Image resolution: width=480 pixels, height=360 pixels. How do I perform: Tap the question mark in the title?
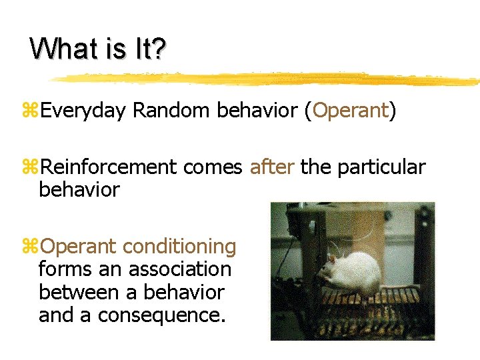(159, 49)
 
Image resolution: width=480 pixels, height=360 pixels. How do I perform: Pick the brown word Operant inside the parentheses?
(350, 111)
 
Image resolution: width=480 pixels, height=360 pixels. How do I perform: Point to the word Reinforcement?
(109, 167)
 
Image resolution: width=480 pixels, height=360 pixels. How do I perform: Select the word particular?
(381, 167)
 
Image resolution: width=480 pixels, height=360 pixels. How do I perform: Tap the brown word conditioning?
(179, 247)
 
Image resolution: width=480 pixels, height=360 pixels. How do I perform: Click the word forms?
(65, 269)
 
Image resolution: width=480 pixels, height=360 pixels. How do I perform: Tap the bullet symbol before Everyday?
(31, 111)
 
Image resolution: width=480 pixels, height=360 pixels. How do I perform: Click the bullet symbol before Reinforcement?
(31, 168)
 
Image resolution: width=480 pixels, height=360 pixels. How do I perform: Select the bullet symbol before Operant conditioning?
(31, 247)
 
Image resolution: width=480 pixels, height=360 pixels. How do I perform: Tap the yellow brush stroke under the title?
(267, 79)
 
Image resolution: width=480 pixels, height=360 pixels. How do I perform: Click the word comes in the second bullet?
(213, 168)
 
